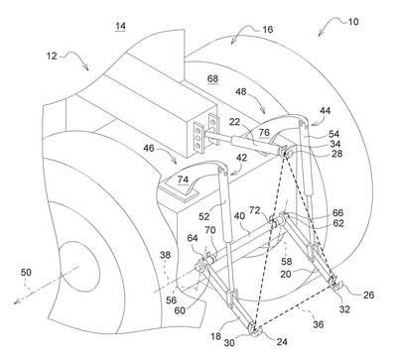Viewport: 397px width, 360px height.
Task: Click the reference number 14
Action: (x=120, y=26)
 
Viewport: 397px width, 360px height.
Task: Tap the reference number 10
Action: (x=353, y=22)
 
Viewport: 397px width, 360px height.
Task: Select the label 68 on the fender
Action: (x=212, y=79)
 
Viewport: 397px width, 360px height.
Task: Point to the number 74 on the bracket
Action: (x=183, y=180)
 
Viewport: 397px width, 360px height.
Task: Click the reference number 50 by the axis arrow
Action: (x=26, y=273)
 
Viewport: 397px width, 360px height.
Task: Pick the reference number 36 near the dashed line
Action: (x=319, y=324)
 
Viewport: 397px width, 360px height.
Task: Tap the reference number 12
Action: (x=52, y=56)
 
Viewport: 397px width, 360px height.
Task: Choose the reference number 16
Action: (x=267, y=30)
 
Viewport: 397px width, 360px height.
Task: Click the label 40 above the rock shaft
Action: (x=239, y=216)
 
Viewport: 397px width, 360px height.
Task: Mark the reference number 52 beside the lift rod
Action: (x=204, y=216)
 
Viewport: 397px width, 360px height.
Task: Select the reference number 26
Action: (x=368, y=295)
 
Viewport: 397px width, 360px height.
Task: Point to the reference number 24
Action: (x=282, y=342)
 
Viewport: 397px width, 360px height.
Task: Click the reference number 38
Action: (x=166, y=255)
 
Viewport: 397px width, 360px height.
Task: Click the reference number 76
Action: (x=264, y=132)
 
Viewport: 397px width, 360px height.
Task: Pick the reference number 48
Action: (x=241, y=91)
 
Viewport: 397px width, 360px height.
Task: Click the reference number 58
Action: (x=287, y=262)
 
